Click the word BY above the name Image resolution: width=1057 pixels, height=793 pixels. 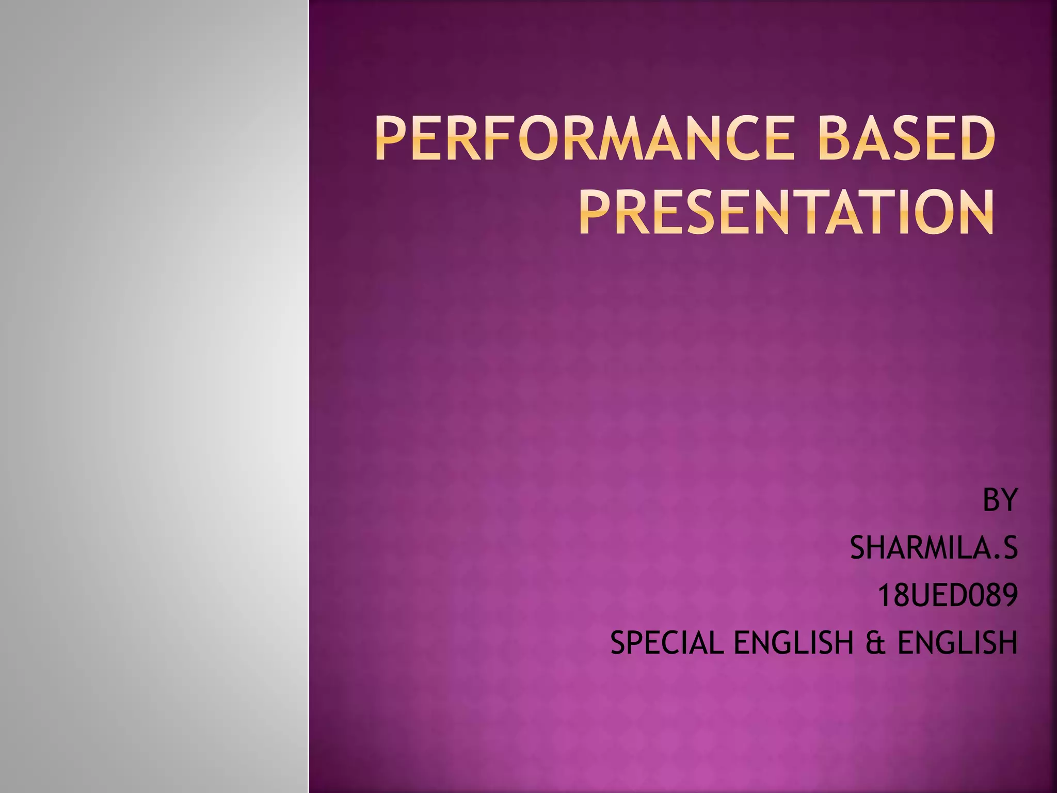1000,500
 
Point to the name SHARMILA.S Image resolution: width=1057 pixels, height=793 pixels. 934,548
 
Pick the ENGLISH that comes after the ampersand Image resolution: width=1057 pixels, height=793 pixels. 957,643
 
